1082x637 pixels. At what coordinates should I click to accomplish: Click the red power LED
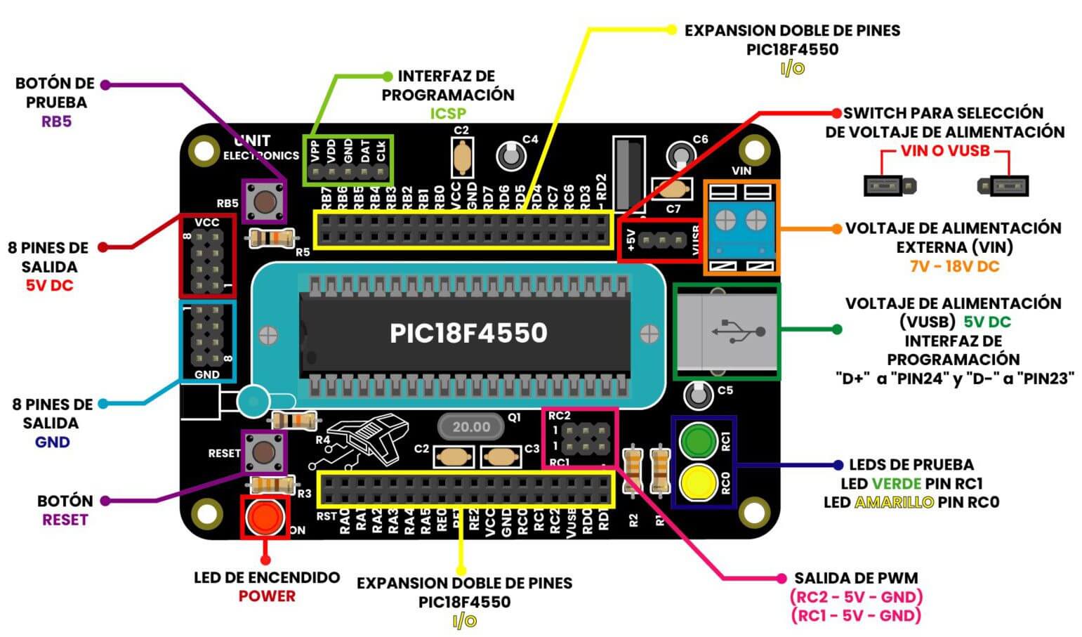pyautogui.click(x=265, y=518)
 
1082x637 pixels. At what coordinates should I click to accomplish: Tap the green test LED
pyautogui.click(x=697, y=441)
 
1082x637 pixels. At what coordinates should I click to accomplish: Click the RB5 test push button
pyautogui.click(x=264, y=201)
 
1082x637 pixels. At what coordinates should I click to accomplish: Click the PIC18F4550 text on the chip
pyautogui.click(x=468, y=333)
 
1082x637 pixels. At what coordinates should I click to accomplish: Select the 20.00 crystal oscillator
pyautogui.click(x=470, y=426)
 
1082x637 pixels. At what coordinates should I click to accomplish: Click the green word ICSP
pyautogui.click(x=448, y=113)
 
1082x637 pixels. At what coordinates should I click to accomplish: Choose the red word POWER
pyautogui.click(x=267, y=596)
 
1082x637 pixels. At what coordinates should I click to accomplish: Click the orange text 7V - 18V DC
pyautogui.click(x=954, y=266)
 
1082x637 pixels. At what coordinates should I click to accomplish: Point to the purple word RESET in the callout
pyautogui.click(x=65, y=520)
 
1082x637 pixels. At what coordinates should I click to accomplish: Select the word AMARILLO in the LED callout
pyautogui.click(x=894, y=502)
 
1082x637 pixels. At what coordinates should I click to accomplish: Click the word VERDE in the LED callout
pyautogui.click(x=896, y=483)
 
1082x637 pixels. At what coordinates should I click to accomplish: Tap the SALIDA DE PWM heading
pyautogui.click(x=856, y=578)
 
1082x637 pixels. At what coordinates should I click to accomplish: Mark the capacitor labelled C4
pyautogui.click(x=510, y=155)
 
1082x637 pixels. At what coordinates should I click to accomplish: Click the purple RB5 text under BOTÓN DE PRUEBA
pyautogui.click(x=56, y=122)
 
